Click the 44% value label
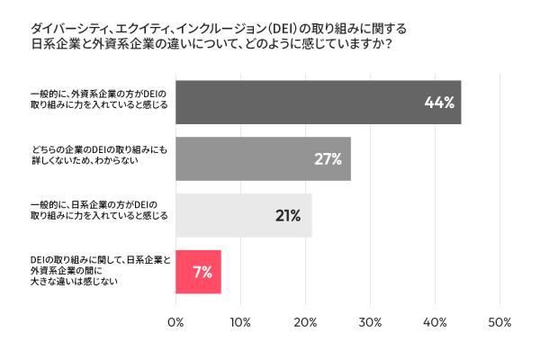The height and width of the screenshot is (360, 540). [x=438, y=103]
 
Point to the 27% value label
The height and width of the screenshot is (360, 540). [x=328, y=160]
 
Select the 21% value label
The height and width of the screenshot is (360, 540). [x=288, y=216]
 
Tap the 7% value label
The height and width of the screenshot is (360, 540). [x=202, y=273]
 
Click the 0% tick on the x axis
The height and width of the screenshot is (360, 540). [x=176, y=322]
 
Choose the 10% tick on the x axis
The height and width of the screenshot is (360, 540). [x=240, y=322]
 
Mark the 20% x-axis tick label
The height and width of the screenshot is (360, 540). [x=305, y=322]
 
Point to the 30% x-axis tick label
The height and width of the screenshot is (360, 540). [x=370, y=322]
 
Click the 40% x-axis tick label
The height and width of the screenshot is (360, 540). [x=435, y=322]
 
